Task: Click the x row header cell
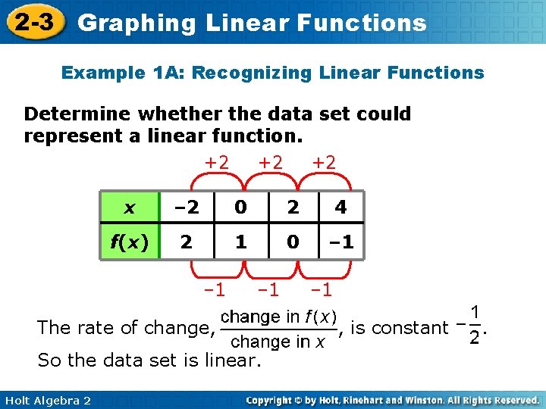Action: (x=130, y=207)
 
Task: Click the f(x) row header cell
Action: (x=130, y=242)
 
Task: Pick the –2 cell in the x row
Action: (x=186, y=207)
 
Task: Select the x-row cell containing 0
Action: (x=240, y=207)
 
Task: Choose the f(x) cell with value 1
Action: (x=240, y=242)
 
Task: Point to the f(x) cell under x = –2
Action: (x=186, y=242)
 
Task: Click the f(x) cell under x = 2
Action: (x=292, y=242)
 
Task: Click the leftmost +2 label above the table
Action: (x=217, y=161)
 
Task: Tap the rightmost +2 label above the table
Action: (x=325, y=161)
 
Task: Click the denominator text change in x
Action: (x=278, y=342)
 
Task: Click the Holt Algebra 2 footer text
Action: (x=47, y=400)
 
